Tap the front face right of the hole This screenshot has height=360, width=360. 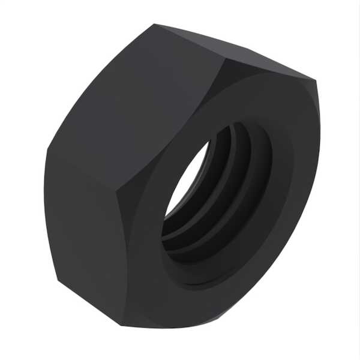tap(294, 180)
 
